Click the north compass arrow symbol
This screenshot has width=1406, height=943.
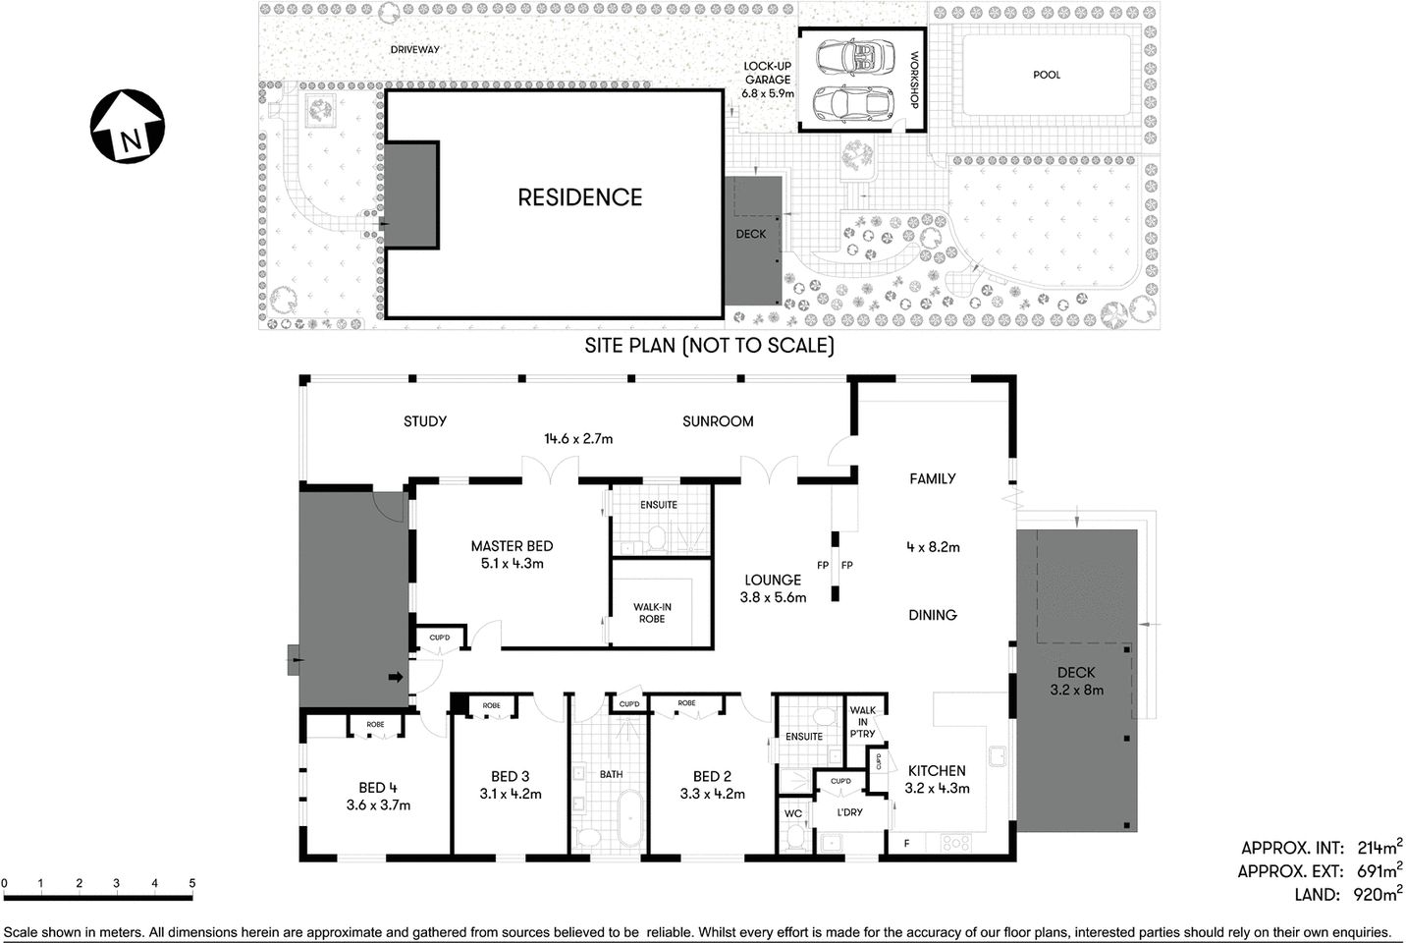pos(128,126)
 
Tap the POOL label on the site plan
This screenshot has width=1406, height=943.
pos(1047,75)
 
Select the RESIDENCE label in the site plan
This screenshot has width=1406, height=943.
pos(579,197)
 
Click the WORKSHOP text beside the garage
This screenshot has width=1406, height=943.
pos(914,80)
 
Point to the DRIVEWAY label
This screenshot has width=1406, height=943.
pos(414,49)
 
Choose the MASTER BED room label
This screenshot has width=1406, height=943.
pos(512,546)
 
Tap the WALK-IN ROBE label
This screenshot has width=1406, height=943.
pos(652,613)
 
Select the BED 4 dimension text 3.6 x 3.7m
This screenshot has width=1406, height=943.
pos(378,805)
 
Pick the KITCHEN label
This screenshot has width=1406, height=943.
pos(936,771)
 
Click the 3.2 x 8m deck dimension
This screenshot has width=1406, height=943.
pos(1076,690)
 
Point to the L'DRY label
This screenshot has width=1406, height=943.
pos(849,812)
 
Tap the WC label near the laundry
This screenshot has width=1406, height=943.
pos(793,813)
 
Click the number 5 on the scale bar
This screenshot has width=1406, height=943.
pos(192,883)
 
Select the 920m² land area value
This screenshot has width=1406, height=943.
pos(1377,894)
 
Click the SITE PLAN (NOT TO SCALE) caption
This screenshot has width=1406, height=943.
pos(709,346)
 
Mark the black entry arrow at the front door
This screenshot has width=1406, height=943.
pos(397,677)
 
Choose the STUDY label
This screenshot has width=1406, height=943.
pos(425,421)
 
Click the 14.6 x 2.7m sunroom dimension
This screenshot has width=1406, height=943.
pos(578,439)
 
